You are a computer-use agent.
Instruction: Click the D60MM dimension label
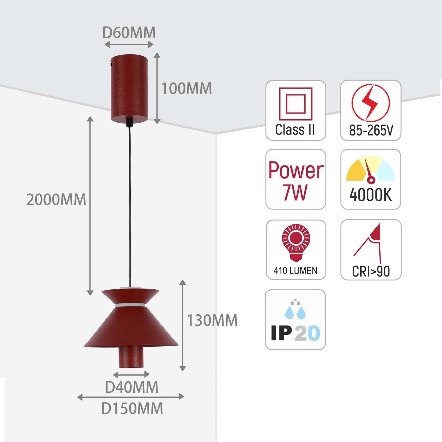[x=129, y=33]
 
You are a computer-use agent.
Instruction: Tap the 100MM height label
[x=186, y=89]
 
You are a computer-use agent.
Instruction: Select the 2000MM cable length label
[x=56, y=200]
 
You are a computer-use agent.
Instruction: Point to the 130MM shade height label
[x=212, y=321]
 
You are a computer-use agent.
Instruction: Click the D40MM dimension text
[x=132, y=387]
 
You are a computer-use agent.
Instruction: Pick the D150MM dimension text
[x=132, y=409]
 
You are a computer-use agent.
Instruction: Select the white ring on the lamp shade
[x=130, y=305]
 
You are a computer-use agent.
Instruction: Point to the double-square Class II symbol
[x=295, y=104]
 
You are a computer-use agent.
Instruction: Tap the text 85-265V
[x=371, y=131]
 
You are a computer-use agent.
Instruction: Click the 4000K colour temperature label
[x=370, y=195]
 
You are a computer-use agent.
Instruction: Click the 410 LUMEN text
[x=295, y=271]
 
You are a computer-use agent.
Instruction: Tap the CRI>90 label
[x=371, y=271]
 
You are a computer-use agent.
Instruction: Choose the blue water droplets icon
[x=295, y=310]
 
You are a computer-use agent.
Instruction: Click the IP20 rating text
[x=295, y=333]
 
